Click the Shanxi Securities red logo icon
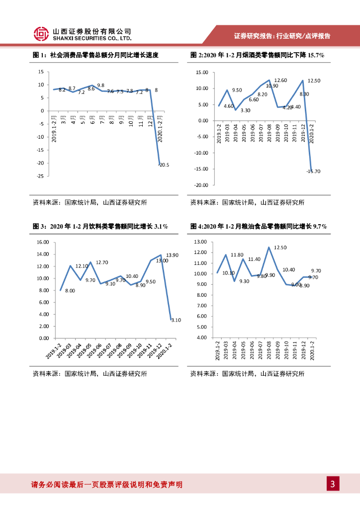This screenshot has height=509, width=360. [x=41, y=34]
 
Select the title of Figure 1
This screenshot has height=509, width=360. [x=95, y=56]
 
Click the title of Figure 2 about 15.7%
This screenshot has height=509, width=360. [x=257, y=56]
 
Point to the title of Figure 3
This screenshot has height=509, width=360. [x=100, y=227]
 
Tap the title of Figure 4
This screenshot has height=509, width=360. [x=258, y=227]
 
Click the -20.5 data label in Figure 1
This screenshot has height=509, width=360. [x=164, y=165]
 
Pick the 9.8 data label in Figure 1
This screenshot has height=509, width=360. [x=100, y=85]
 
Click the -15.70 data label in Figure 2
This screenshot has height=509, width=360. [x=313, y=171]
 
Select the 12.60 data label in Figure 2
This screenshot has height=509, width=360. [x=280, y=80]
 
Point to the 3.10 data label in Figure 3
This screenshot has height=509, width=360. [x=176, y=320]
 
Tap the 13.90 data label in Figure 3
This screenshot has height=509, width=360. [x=172, y=255]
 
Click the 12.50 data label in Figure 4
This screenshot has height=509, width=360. [x=280, y=247]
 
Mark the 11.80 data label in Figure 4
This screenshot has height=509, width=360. [x=237, y=254]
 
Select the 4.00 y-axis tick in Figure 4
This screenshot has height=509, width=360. [x=202, y=338]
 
